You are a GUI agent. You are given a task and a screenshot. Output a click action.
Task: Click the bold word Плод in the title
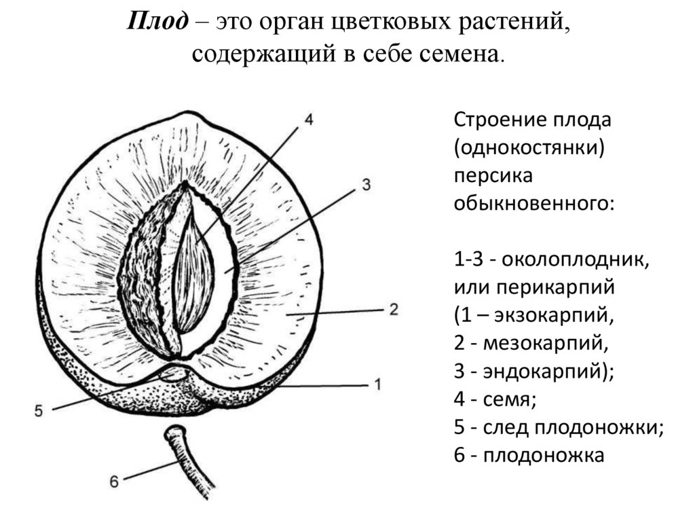[157, 22]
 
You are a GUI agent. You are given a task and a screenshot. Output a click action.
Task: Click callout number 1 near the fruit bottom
[377, 384]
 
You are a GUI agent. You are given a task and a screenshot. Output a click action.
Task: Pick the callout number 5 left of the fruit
[38, 410]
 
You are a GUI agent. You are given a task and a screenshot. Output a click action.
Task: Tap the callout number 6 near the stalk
[114, 481]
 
